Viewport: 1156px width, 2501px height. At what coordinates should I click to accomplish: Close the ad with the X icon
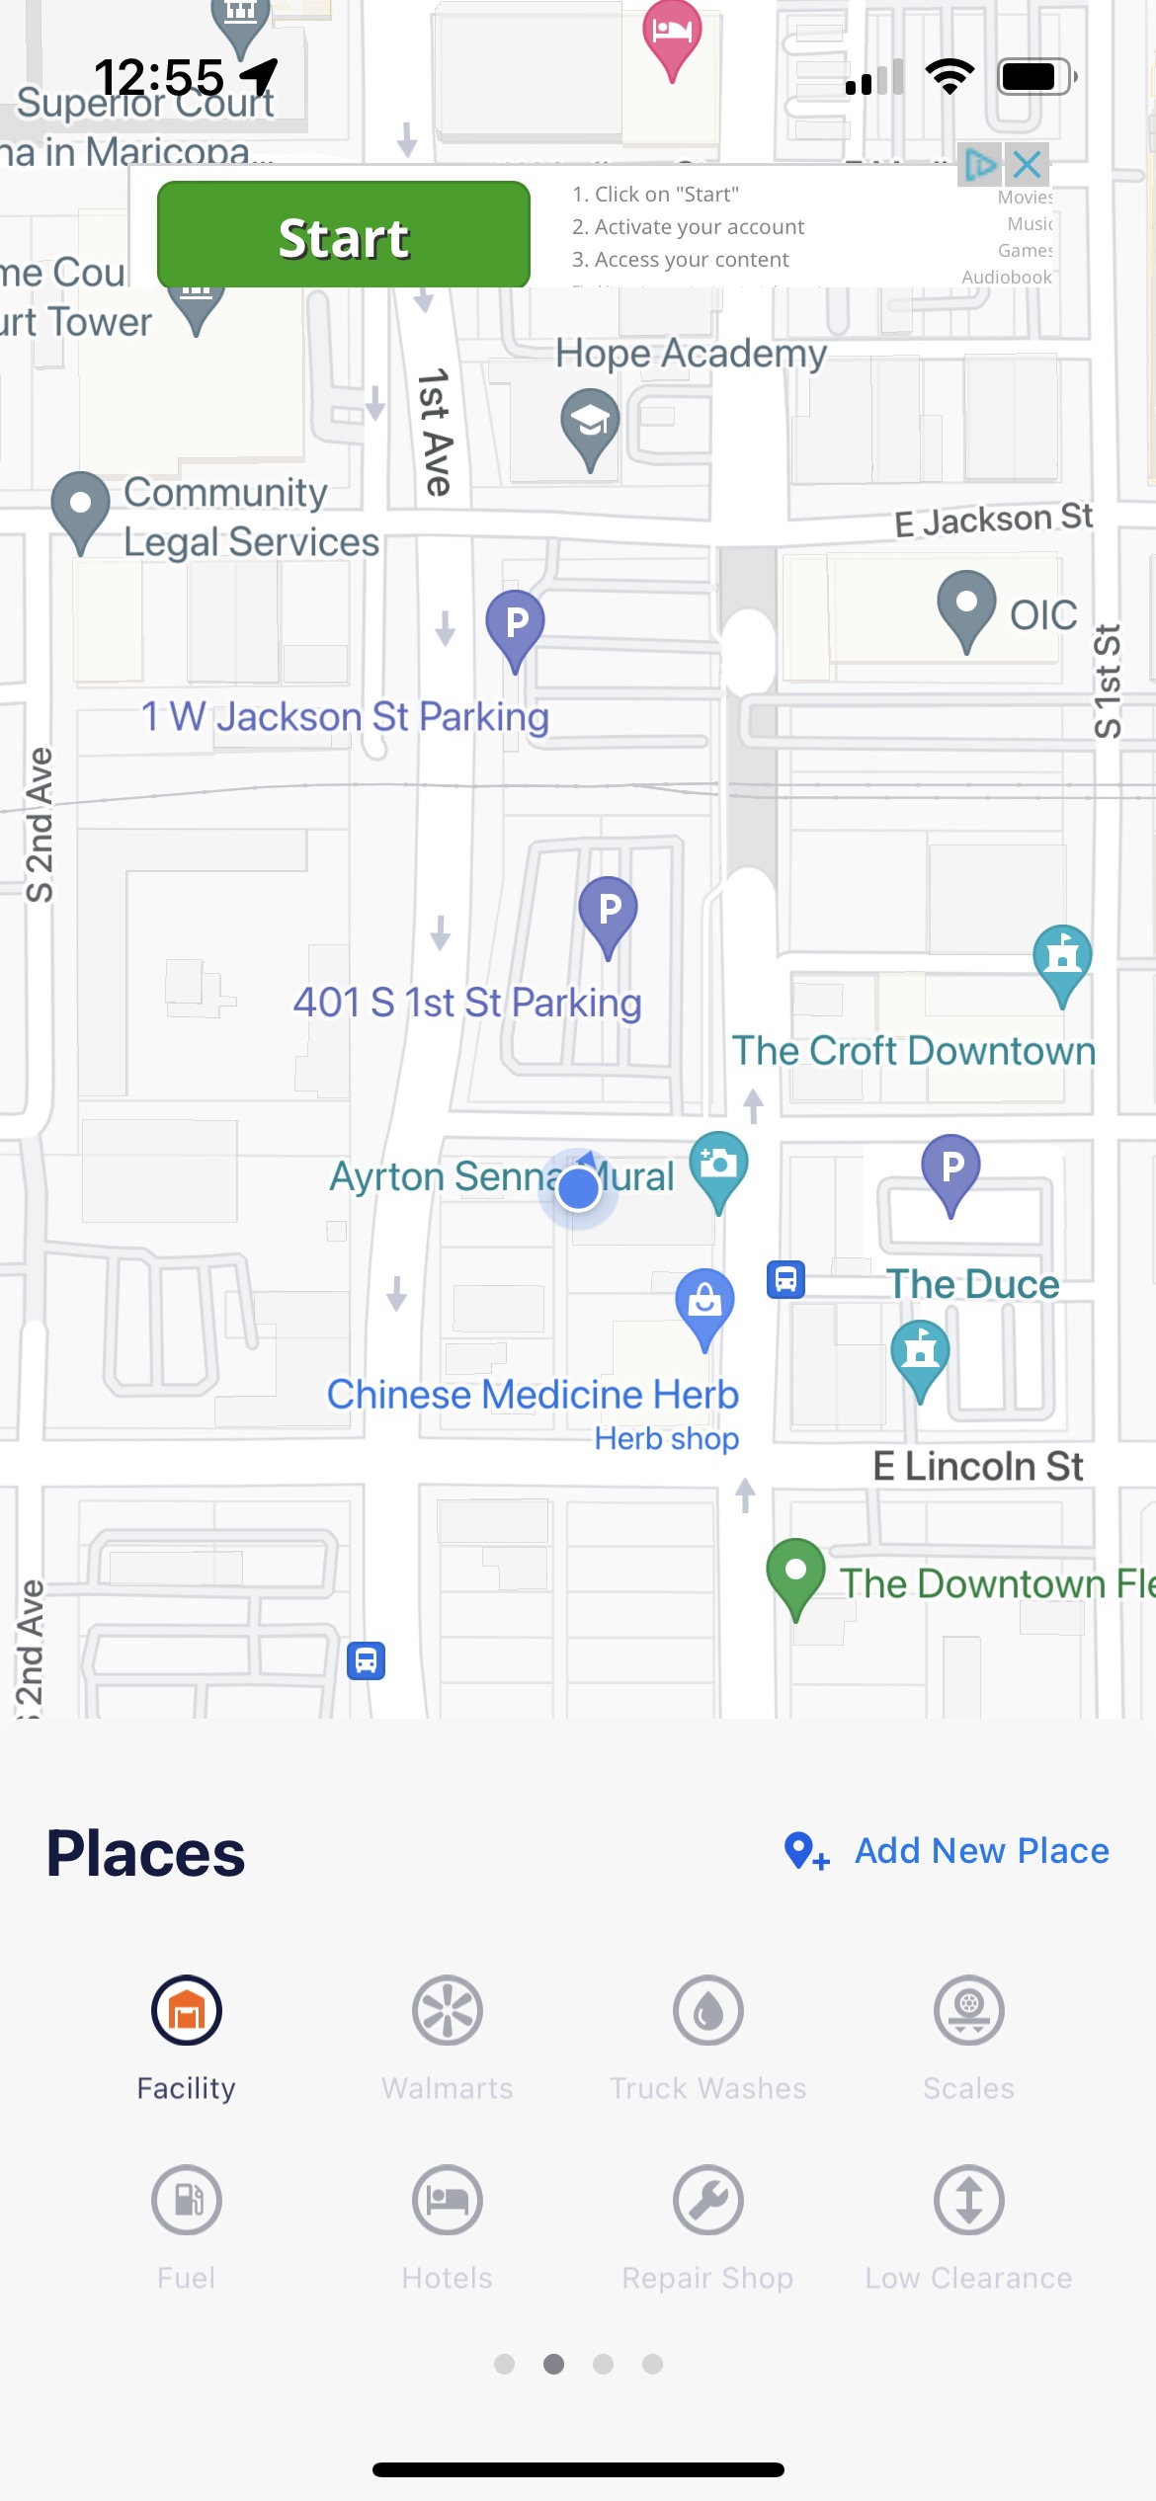tap(1028, 164)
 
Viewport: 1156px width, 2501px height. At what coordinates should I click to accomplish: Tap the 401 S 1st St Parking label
tap(466, 1003)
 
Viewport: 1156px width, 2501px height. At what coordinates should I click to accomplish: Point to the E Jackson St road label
tap(992, 520)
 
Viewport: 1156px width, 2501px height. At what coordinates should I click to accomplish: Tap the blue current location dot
tap(578, 1189)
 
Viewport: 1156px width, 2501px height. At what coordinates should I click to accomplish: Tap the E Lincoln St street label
tap(977, 1466)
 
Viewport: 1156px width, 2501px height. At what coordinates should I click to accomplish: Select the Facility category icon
tap(187, 2011)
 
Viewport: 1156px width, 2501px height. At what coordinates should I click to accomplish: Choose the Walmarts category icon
tap(447, 2011)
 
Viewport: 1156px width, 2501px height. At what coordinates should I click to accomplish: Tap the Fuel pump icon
tap(187, 2201)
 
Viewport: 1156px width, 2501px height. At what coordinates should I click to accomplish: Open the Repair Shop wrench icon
tap(707, 2201)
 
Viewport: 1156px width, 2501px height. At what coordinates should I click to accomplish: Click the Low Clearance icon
tap(968, 2201)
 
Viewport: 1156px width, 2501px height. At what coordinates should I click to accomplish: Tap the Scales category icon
tap(968, 2011)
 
